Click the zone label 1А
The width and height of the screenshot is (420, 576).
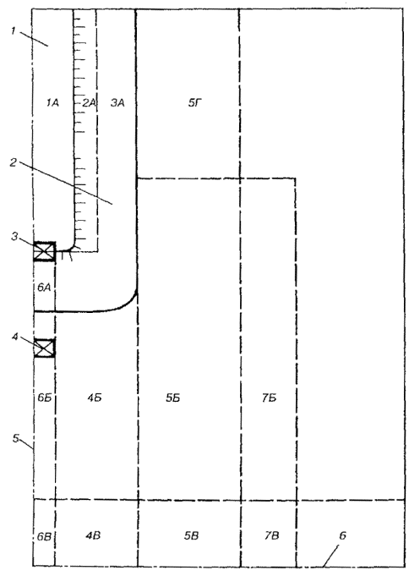[53, 103]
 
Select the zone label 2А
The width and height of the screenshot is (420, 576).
[89, 103]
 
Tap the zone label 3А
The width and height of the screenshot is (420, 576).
[117, 103]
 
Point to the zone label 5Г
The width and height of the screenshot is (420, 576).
[195, 103]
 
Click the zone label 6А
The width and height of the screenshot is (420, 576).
[44, 288]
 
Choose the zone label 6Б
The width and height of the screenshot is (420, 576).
[45, 398]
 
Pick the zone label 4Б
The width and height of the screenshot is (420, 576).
[95, 398]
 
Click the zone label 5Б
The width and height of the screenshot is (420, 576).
[173, 398]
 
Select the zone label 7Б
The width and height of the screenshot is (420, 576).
[270, 398]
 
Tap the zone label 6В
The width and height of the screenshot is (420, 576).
[44, 537]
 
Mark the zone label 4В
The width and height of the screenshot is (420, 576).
[93, 536]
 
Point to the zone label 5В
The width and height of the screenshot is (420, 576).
[191, 536]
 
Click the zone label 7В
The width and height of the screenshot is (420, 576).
[271, 536]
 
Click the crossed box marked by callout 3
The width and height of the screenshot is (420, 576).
[45, 252]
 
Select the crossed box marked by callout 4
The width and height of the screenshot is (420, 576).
[45, 348]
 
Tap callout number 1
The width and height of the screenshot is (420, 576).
[14, 30]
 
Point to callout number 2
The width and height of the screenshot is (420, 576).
[14, 162]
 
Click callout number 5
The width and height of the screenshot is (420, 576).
[16, 438]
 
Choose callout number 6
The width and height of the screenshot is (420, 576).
[342, 535]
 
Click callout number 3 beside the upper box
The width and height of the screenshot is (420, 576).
[14, 236]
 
